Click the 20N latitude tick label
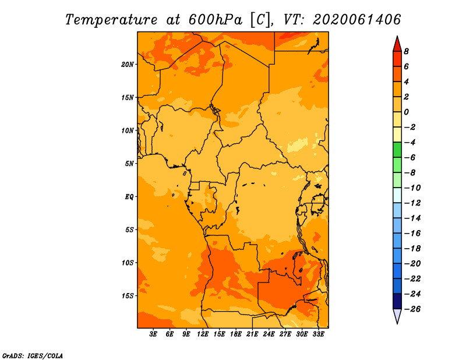coord(127,65)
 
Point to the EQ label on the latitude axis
coord(129,197)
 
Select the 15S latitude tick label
coord(128,296)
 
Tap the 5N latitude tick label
coord(129,164)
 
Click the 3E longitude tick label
coord(153,334)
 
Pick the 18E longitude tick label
coord(236,334)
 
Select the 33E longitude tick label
coord(318,334)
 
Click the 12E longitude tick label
coord(203,334)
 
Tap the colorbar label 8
coord(406,51)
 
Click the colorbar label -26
coord(412,309)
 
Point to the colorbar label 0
coord(406,112)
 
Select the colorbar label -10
coord(412,188)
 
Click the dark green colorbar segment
coord(397,150)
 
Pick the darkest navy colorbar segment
coord(397,301)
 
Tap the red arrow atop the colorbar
coord(397,44)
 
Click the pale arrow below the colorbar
coord(397,316)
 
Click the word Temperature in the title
coord(111,20)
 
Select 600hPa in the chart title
coord(216,20)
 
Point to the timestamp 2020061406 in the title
coord(356,20)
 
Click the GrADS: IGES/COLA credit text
coord(33,356)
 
